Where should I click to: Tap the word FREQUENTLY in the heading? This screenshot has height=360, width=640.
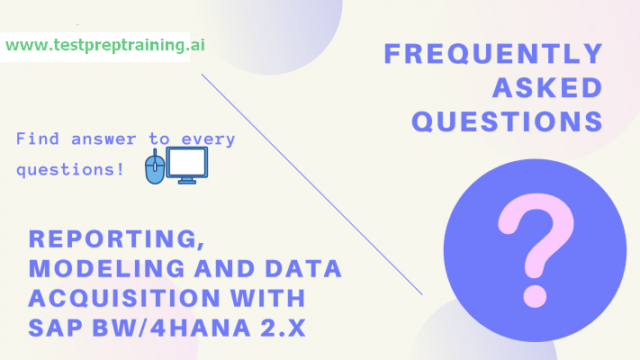click(x=493, y=54)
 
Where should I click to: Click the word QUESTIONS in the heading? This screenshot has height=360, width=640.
click(x=507, y=121)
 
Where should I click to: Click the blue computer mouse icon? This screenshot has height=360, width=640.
click(x=155, y=168)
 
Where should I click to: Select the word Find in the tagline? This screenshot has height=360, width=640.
click(x=34, y=139)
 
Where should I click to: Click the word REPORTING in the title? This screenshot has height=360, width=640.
click(x=108, y=239)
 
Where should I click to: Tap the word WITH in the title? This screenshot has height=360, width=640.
click(x=266, y=298)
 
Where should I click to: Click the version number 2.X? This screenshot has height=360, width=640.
click(x=279, y=327)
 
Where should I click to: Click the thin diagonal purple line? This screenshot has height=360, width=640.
click(x=311, y=184)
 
